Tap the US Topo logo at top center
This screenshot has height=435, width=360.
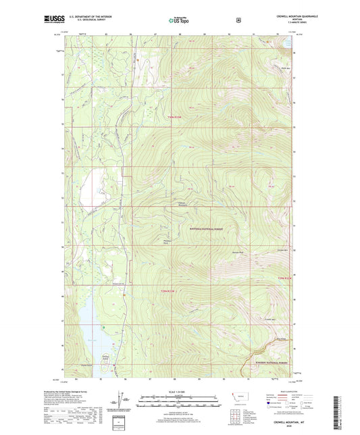[x=179, y=20]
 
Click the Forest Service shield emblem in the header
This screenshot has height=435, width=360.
[x=238, y=20]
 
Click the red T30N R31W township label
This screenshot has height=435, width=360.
[x=175, y=118]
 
